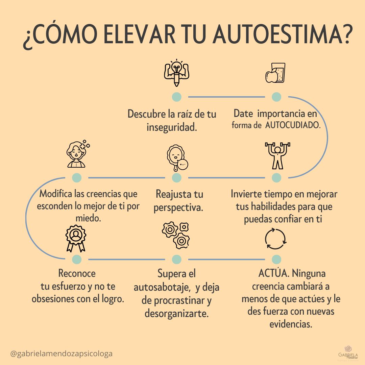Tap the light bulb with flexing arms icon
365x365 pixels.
coord(176,73)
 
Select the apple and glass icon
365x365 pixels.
coord(275,73)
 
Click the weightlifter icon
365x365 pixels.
coord(277,156)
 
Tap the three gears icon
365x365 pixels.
coord(176,235)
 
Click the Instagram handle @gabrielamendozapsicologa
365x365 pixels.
coord(62,354)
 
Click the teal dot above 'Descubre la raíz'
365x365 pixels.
coord(176,97)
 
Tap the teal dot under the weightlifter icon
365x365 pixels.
coord(276,177)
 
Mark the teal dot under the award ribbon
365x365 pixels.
coord(77,259)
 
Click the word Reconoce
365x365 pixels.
coord(77,273)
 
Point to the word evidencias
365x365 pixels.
coord(290,324)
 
